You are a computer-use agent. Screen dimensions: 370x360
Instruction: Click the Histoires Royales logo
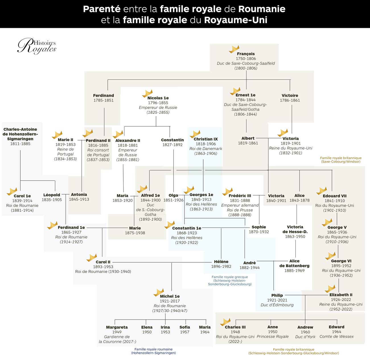(37, 46)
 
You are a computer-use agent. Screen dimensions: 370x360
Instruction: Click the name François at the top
(246, 54)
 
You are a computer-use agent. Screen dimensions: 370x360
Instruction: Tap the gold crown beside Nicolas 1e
(147, 94)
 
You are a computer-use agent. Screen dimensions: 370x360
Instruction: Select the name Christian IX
(205, 139)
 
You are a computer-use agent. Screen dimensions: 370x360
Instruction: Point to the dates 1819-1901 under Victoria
(291, 143)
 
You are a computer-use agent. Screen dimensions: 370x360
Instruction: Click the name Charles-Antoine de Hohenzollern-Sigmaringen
(20, 134)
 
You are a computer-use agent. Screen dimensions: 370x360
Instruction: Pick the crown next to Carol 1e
(12, 192)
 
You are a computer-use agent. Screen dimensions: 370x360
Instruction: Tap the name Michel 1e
(170, 296)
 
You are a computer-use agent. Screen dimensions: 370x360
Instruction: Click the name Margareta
(117, 327)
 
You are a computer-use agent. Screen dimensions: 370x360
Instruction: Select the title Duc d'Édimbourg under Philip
(277, 305)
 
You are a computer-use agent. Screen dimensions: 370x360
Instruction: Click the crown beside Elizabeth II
(330, 289)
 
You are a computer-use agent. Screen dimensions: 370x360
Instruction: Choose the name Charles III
(235, 327)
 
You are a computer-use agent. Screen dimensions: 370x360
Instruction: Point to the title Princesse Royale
(272, 336)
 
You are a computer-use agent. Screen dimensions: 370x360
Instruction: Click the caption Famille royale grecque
(230, 277)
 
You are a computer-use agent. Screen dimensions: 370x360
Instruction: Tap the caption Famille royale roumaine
(153, 349)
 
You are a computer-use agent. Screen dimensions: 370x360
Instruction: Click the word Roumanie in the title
(262, 9)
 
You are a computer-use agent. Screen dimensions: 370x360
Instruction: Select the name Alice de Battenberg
(294, 263)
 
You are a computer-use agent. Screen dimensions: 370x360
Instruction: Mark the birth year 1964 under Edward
(336, 332)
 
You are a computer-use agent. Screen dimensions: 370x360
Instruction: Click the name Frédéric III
(240, 196)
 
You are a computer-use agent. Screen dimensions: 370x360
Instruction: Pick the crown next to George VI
(330, 256)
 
